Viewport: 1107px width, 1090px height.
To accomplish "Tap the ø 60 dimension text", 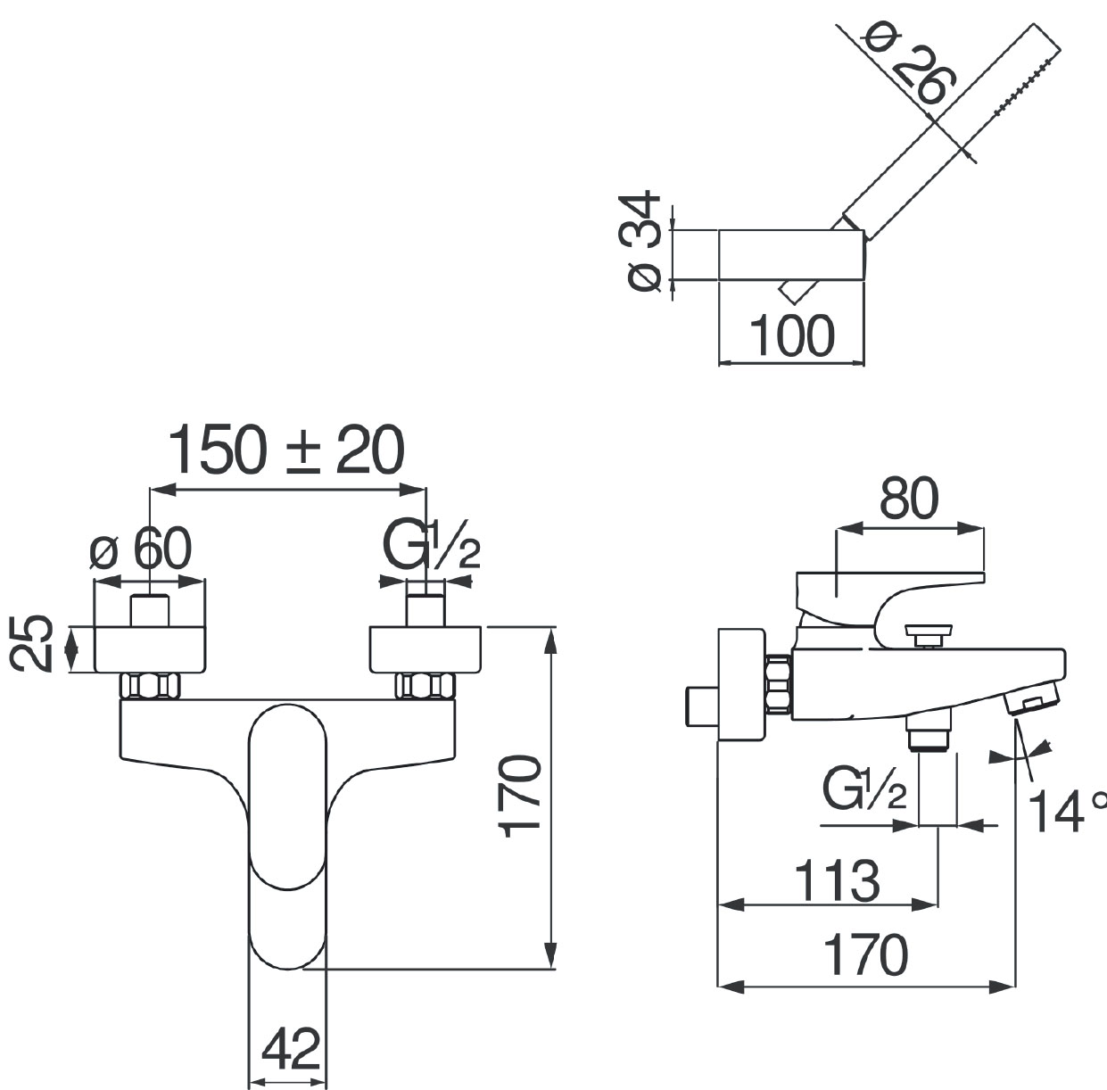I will pos(141,549).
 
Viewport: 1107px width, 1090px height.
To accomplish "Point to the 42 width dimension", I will pos(291,1049).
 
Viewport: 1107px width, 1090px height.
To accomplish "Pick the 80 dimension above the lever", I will pos(909,499).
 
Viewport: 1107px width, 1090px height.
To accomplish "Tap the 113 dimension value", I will pos(836,881).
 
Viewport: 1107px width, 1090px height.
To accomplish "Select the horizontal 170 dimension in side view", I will pos(864,956).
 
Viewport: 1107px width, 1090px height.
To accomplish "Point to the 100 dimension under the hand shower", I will pos(792,337).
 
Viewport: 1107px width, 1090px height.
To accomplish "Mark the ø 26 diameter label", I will pos(912,63).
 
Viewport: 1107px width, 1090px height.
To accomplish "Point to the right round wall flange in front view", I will pos(425,649).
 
